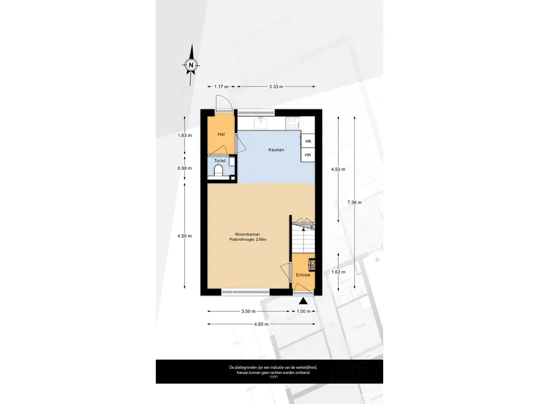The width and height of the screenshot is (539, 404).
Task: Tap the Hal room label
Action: click(222, 134)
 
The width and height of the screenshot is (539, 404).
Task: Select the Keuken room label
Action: click(276, 150)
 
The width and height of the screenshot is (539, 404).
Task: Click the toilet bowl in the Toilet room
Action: click(218, 170)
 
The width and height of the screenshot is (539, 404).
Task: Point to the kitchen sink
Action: click(261, 123)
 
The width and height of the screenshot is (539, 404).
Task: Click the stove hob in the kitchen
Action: click(293, 123)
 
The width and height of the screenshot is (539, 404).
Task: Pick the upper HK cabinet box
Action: click(308, 141)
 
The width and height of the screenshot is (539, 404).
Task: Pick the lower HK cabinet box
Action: click(308, 155)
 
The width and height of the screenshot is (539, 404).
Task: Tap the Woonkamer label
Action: click(247, 234)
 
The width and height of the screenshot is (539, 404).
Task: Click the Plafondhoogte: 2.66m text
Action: click(248, 239)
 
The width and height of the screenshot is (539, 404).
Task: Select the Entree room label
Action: click(303, 275)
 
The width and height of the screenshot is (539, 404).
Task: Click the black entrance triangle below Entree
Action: click(303, 301)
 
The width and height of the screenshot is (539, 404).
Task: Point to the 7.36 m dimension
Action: click(354, 203)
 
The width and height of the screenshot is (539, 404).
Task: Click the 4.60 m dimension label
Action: click(261, 324)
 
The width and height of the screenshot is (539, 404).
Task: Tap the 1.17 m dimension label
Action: click(222, 87)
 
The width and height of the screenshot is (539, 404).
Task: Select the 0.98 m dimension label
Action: click(185, 168)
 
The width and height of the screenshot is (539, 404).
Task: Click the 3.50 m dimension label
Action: click(248, 311)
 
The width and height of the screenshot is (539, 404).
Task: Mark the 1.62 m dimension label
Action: click(338, 272)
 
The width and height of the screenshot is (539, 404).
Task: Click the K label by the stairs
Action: click(312, 227)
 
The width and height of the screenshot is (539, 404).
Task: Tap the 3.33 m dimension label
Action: click(276, 87)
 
